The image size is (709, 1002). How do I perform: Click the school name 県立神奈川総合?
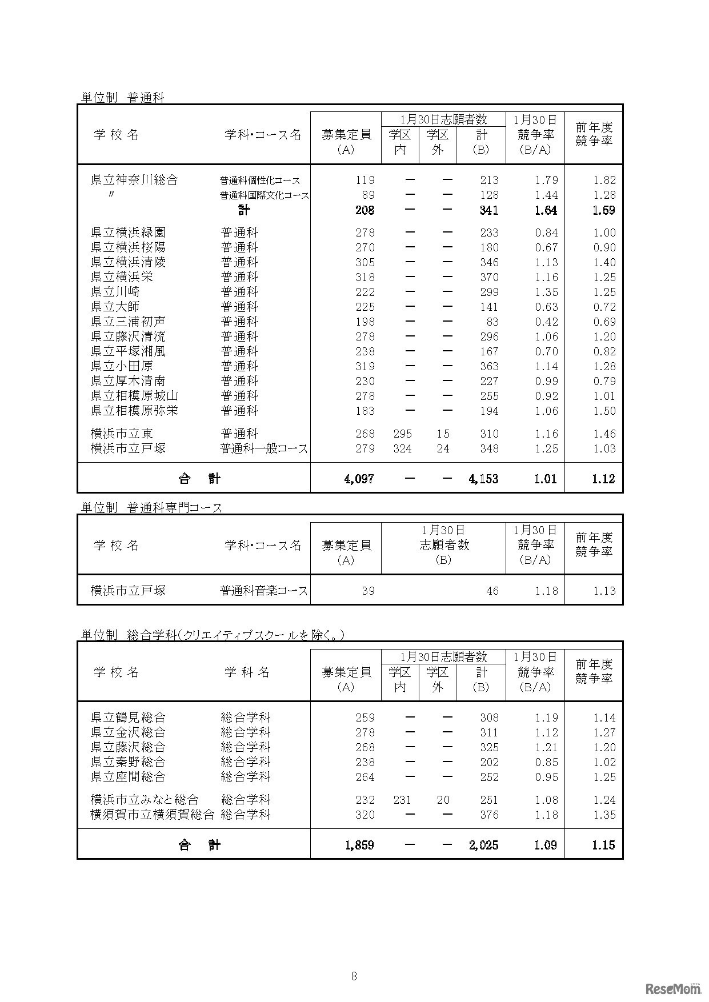tap(134, 180)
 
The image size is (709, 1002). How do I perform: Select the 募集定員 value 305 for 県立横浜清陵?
tap(365, 262)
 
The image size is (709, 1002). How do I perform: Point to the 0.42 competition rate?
tap(546, 322)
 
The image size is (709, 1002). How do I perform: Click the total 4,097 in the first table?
tap(359, 479)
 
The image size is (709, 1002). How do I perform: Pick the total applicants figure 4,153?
tap(483, 479)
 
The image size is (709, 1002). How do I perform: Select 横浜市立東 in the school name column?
tap(122, 434)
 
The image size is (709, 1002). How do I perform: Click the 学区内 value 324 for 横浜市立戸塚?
tap(402, 448)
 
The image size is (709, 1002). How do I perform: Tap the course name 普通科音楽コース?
tap(264, 591)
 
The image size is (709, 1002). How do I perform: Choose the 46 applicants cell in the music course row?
tap(492, 591)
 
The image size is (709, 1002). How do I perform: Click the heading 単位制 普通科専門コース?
tap(151, 507)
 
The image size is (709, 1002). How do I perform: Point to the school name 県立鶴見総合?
tap(128, 718)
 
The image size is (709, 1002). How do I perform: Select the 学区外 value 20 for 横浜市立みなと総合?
tap(443, 800)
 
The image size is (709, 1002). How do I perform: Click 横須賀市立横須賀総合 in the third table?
tap(153, 815)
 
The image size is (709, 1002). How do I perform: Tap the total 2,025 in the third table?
tap(484, 845)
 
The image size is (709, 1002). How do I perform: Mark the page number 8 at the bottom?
tap(354, 976)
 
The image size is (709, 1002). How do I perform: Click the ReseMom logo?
tap(674, 988)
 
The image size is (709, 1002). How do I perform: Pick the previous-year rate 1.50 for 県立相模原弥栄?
tap(604, 411)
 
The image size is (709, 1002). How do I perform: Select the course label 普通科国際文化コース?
tap(265, 195)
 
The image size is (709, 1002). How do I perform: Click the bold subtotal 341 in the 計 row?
tap(488, 210)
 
